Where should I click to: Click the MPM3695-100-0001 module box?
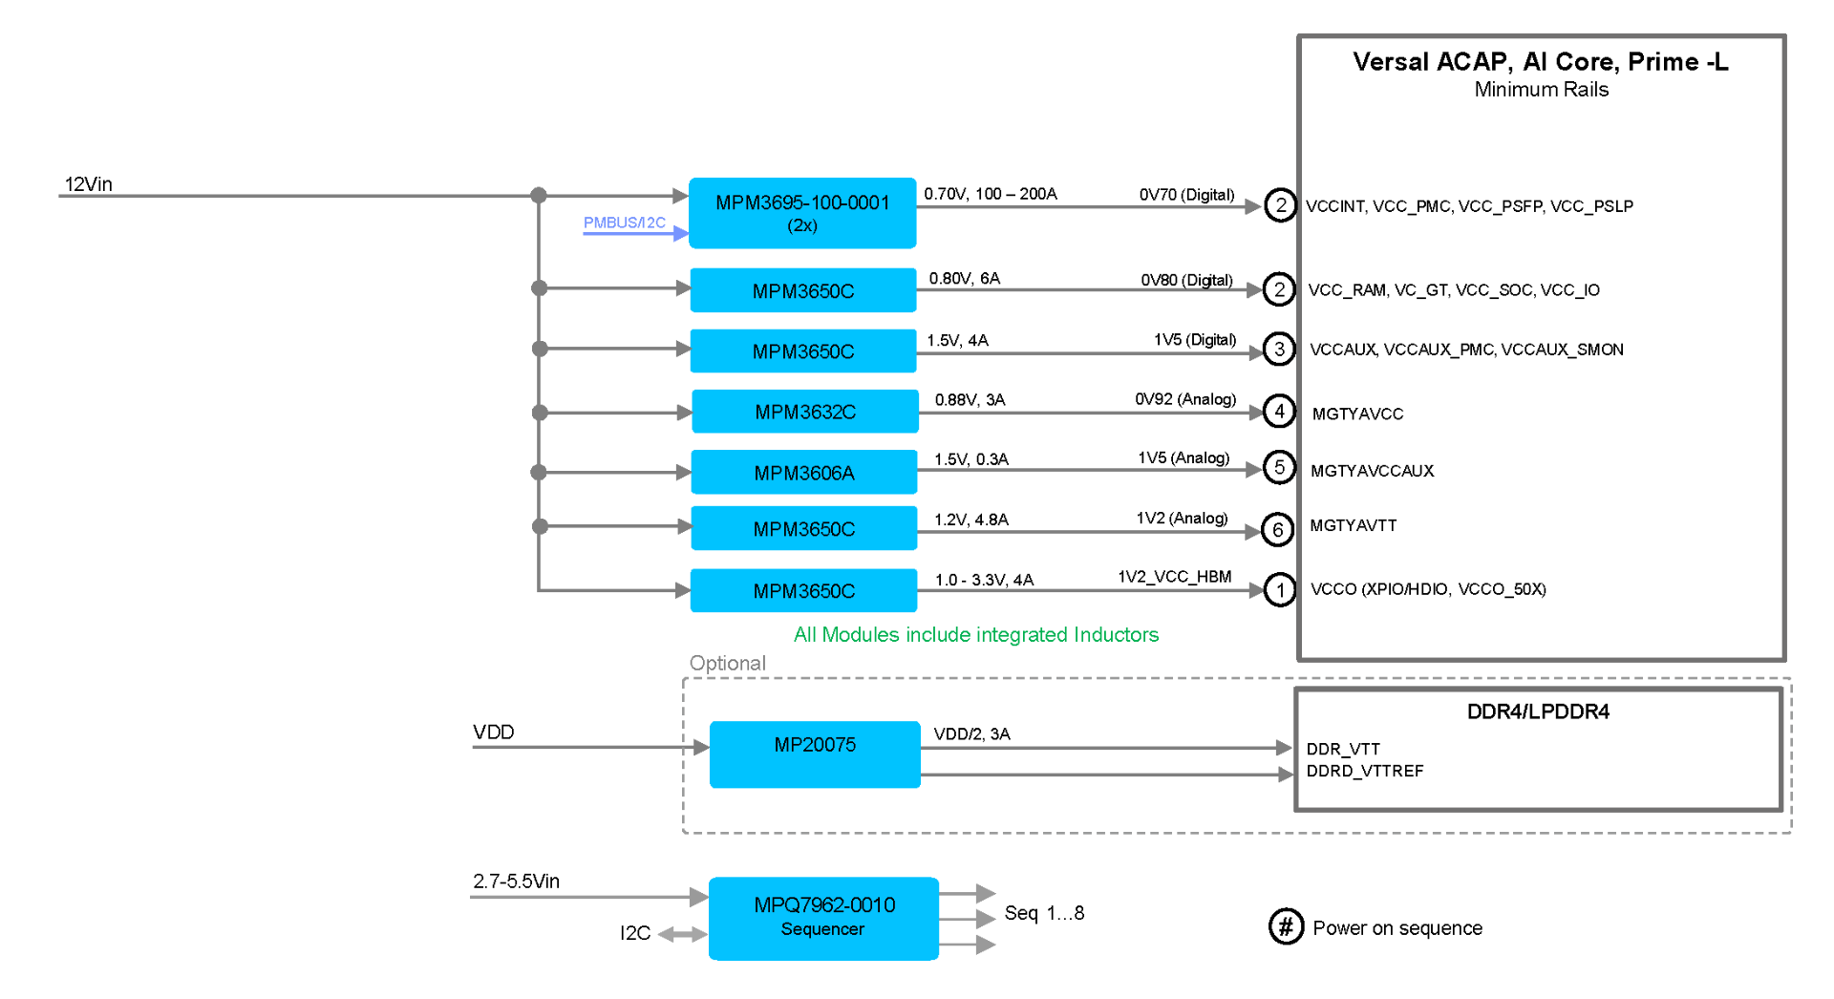point(802,213)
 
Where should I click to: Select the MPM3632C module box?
point(805,412)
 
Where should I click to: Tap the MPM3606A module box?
point(804,472)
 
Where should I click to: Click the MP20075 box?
point(815,755)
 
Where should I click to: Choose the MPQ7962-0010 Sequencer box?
point(823,919)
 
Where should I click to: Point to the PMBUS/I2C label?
point(625,223)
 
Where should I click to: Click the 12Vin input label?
point(89,183)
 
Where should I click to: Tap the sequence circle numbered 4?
point(1279,412)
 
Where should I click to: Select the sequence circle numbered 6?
point(1278,530)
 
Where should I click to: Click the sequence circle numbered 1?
point(1280,590)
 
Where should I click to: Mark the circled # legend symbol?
point(1286,926)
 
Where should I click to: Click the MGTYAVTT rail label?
point(1353,525)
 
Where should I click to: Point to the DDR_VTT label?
point(1343,749)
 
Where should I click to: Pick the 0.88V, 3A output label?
point(970,399)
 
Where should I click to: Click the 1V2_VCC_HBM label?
point(1175,577)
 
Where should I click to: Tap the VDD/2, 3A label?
point(971,733)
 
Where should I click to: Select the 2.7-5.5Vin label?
point(516,881)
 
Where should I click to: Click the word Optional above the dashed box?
point(728,663)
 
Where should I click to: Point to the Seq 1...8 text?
point(1044,913)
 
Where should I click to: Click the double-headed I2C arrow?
point(682,934)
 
